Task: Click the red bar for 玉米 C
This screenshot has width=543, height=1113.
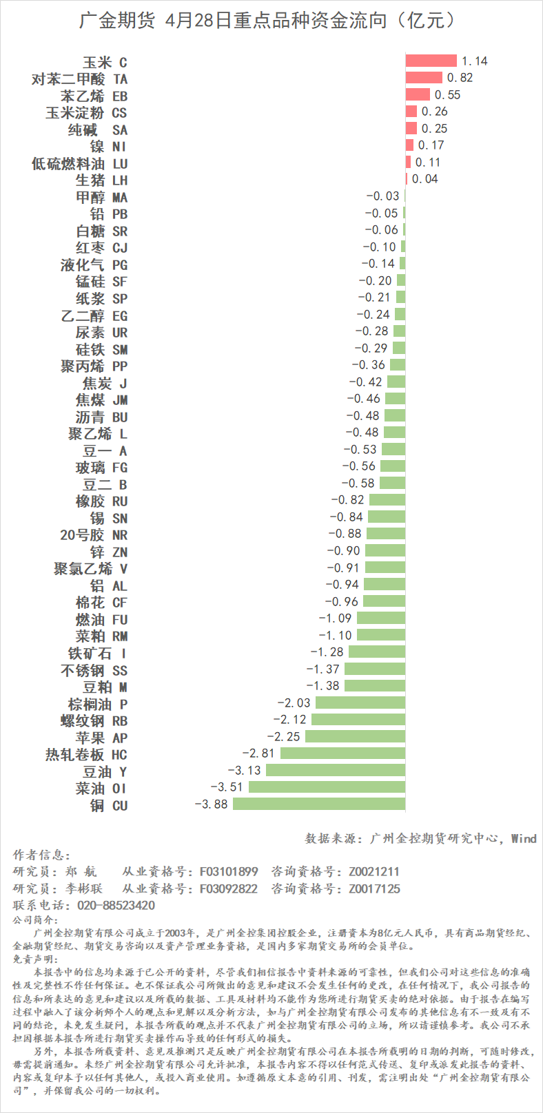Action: click(431, 61)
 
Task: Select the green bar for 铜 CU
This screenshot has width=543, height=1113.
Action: click(319, 804)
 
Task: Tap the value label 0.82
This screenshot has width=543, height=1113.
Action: click(460, 78)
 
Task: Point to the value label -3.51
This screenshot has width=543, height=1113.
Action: click(227, 787)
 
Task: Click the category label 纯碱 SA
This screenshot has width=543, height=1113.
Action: click(98, 129)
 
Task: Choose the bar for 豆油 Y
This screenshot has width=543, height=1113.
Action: click(336, 770)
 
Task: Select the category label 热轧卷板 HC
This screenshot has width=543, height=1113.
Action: click(86, 755)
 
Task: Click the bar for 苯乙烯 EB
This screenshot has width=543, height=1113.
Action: click(418, 94)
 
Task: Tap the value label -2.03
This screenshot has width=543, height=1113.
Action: click(294, 703)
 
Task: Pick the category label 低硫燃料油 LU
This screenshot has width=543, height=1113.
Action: click(80, 163)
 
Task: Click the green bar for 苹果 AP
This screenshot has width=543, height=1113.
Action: click(355, 736)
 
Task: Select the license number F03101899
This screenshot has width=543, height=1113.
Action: click(229, 871)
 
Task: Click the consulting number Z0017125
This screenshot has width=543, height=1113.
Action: click(373, 888)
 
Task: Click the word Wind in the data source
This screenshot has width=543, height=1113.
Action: click(523, 838)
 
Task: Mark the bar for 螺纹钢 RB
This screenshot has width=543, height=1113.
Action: click(358, 719)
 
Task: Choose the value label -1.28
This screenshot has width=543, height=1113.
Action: click(327, 652)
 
